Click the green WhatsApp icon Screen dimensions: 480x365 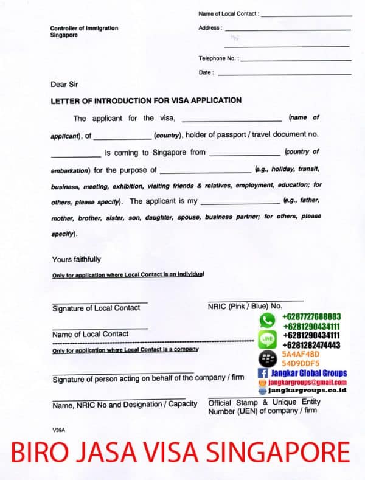(x=267, y=319)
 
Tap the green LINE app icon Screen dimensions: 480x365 (x=267, y=339)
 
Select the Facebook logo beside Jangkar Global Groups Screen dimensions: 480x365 (x=263, y=373)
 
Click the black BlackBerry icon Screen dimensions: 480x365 (x=267, y=358)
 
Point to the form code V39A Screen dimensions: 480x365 (x=58, y=430)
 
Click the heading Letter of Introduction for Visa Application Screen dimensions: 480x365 (x=146, y=100)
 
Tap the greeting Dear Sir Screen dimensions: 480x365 (x=64, y=85)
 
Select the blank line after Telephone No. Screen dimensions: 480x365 (x=296, y=60)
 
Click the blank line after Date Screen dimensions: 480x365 (x=284, y=74)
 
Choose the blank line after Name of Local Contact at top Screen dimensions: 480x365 (x=307, y=15)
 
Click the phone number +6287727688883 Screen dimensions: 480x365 (x=311, y=317)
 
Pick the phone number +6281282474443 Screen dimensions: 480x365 (x=311, y=345)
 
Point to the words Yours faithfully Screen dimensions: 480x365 (x=77, y=260)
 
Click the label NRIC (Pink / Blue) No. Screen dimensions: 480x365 (x=245, y=306)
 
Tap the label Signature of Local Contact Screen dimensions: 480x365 (x=96, y=308)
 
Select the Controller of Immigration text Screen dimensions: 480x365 (x=84, y=29)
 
